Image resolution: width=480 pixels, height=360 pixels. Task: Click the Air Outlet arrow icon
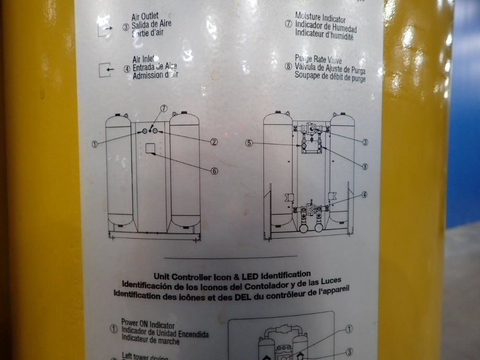pyautogui.click(x=104, y=29)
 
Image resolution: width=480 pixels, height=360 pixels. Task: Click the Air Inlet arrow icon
pyautogui.click(x=105, y=70)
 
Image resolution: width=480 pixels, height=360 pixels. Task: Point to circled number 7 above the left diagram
pyautogui.click(x=163, y=108)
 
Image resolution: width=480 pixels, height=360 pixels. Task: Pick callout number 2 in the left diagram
pyautogui.click(x=214, y=142)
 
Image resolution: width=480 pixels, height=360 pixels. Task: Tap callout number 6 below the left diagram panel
pyautogui.click(x=214, y=170)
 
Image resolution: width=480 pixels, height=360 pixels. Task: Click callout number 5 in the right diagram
pyautogui.click(x=248, y=143)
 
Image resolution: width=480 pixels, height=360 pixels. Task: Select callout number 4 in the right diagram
pyautogui.click(x=365, y=194)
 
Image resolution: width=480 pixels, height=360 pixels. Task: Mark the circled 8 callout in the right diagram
pyautogui.click(x=365, y=167)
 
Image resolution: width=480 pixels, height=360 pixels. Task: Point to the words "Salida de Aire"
pyautogui.click(x=153, y=24)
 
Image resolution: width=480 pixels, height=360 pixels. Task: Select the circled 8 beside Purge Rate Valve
pyautogui.click(x=288, y=67)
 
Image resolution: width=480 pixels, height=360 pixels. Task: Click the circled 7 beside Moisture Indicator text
pyautogui.click(x=288, y=24)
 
